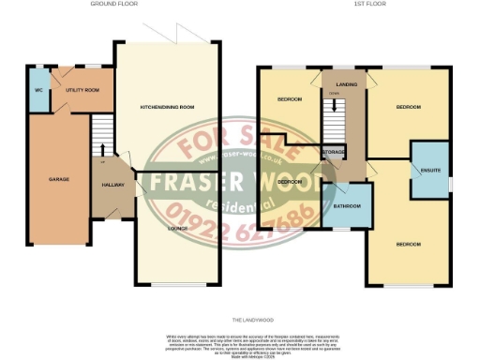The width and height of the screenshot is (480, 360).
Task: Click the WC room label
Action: point(39,90)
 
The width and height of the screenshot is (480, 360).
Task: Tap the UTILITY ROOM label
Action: point(82,90)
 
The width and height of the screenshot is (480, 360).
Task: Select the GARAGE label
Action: point(60,178)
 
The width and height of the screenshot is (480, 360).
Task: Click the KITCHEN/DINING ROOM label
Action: point(166,107)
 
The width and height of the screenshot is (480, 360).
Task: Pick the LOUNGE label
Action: point(177,228)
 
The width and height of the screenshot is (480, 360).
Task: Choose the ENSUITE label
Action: point(431,169)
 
